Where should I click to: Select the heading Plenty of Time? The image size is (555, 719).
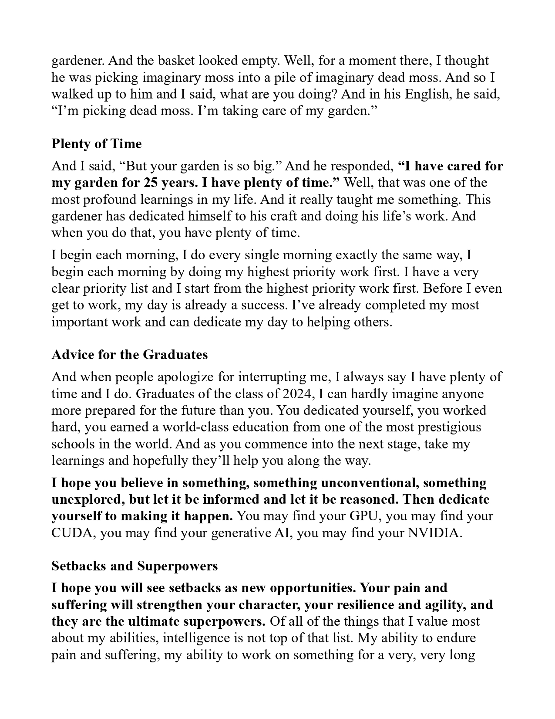click(x=97, y=144)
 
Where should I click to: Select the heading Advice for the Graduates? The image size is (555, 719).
click(x=130, y=355)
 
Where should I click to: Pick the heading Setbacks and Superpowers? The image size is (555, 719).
click(x=135, y=566)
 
